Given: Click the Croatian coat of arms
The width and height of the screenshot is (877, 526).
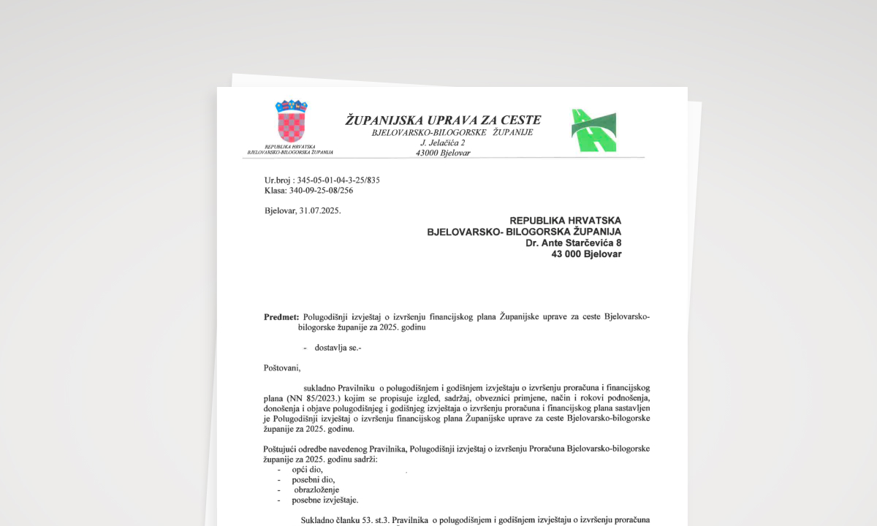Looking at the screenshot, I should (292, 121).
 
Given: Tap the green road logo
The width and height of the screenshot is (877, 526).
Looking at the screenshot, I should (593, 130).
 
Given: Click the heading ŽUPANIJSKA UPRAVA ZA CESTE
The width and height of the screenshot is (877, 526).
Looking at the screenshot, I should (443, 120).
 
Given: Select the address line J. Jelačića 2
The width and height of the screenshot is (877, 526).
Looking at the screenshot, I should (442, 142).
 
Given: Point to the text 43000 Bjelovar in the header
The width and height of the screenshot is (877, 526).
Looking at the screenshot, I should (442, 153).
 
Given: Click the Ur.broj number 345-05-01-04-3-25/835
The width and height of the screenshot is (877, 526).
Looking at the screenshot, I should (338, 180).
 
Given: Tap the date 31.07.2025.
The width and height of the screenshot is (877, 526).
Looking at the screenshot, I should (319, 210).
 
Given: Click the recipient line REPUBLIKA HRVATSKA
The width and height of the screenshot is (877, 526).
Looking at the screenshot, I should (565, 220).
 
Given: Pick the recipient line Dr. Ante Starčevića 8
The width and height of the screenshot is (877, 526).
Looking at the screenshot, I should (573, 243).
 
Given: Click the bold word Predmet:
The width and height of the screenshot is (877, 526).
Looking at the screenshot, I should (281, 317).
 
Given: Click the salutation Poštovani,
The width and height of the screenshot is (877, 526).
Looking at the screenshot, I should (282, 367).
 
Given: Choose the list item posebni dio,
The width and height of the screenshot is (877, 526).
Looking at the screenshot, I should (314, 479).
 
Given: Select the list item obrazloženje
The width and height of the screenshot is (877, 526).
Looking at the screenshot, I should (316, 489).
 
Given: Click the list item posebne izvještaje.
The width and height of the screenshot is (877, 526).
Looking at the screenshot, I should (325, 500).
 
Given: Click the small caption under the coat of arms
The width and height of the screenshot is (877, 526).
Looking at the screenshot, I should (290, 150).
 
